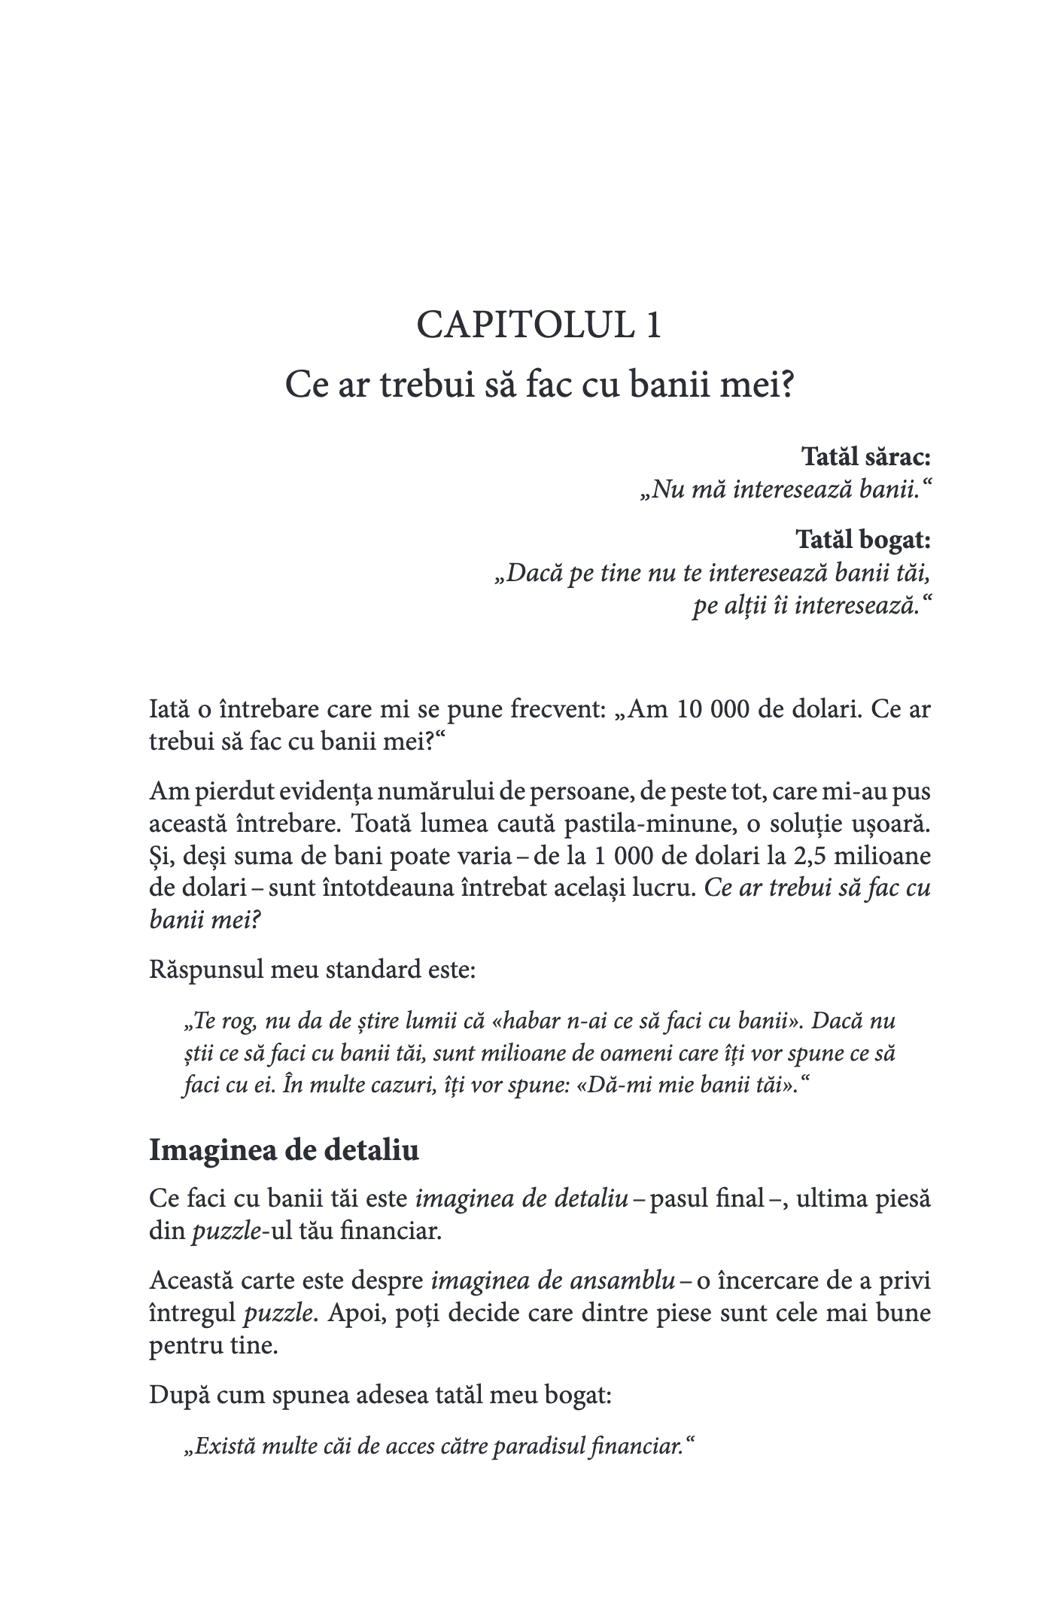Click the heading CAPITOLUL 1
click(x=539, y=326)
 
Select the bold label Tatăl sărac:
click(x=866, y=457)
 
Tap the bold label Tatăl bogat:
click(x=863, y=540)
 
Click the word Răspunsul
click(x=205, y=969)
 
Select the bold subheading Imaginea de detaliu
click(x=284, y=1150)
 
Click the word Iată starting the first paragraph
click(x=171, y=711)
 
